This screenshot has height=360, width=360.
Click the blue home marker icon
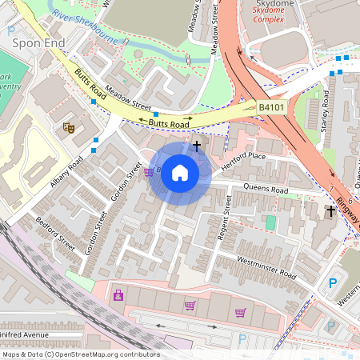(x=180, y=173)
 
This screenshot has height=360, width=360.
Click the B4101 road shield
(x=272, y=106)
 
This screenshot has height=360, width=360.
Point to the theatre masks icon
(x=68, y=126)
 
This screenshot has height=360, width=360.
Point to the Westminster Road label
(x=266, y=269)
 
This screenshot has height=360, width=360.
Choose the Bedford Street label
(x=55, y=232)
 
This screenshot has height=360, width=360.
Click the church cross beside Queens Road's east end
(x=330, y=210)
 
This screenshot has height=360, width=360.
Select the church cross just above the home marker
(x=197, y=146)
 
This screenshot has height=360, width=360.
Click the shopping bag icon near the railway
(x=118, y=295)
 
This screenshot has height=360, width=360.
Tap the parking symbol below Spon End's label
(x=11, y=30)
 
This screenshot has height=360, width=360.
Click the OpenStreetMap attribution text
(x=80, y=354)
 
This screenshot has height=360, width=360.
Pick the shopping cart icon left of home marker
(x=149, y=170)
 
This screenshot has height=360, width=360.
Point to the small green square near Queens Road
(x=270, y=222)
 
